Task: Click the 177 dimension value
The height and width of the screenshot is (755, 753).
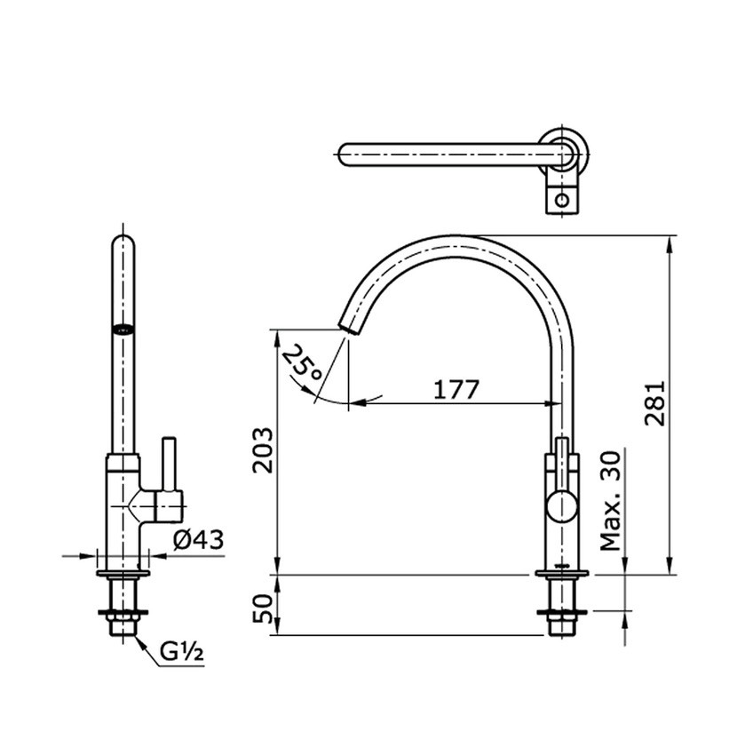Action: (456, 389)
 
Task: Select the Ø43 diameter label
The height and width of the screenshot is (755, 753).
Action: (197, 538)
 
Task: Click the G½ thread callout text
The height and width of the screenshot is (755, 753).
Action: (183, 653)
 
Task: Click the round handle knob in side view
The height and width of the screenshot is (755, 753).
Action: (561, 507)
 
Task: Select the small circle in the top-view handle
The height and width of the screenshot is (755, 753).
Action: (561, 200)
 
